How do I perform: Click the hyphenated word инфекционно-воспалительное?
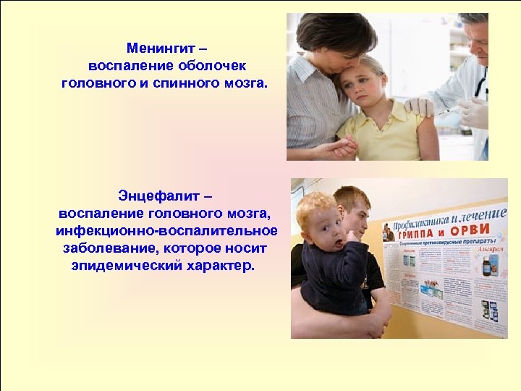pos(166,231)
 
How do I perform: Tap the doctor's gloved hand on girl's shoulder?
pos(420,107)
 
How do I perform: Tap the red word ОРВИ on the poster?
pos(474,230)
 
